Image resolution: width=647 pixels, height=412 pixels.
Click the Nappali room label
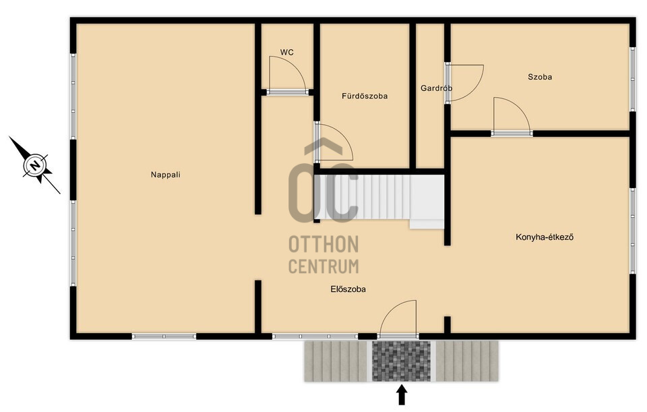pos(166,175)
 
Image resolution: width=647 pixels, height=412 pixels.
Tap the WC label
pos(287,53)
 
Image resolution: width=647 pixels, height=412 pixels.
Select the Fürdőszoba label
pos(365,96)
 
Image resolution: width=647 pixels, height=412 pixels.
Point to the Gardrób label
pos(436,88)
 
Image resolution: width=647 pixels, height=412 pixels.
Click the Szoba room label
pos(540,77)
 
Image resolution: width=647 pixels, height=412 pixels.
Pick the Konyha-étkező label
pos(545,237)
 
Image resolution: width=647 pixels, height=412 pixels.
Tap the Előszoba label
pos(348,289)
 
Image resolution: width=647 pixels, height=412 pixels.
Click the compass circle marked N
pos(35,166)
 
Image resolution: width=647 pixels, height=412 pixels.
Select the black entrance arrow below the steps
pos(402,394)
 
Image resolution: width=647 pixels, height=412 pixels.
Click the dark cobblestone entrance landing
pos(401,361)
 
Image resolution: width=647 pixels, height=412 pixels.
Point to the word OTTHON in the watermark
pos(323,244)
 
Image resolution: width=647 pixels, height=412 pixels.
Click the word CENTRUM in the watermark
pos(323,266)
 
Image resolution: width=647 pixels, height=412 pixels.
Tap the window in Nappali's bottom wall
pos(164,336)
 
